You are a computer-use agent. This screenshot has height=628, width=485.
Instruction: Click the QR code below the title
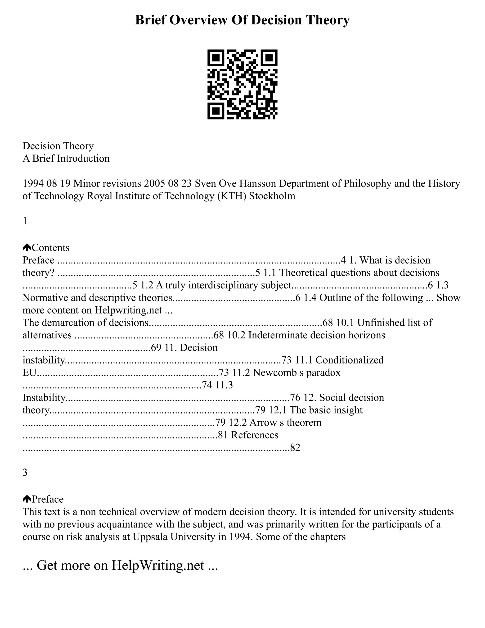coord(242,84)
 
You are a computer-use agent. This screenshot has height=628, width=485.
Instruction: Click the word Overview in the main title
coord(198,20)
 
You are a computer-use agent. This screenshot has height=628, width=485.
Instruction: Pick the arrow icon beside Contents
coord(27,247)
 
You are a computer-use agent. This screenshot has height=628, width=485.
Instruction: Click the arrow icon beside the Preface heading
coord(27,499)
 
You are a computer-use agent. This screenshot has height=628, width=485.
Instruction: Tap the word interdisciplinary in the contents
coord(223,285)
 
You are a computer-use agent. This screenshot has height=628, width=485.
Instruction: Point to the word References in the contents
coord(255,435)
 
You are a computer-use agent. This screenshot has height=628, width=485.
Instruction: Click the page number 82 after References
coord(295,447)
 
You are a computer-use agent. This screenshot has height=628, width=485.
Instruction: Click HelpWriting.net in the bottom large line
coord(158,565)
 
